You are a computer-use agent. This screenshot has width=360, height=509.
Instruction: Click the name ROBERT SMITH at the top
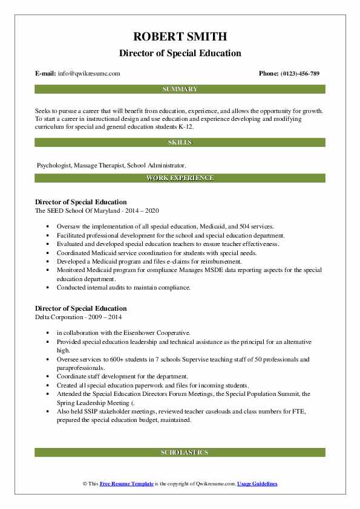(180, 37)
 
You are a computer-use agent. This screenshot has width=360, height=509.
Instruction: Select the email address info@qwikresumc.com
(89, 74)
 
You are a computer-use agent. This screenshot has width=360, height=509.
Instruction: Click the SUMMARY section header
(180, 89)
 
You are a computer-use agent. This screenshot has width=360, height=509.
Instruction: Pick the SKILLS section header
(180, 143)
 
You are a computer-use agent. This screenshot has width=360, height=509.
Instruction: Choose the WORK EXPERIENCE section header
(180, 178)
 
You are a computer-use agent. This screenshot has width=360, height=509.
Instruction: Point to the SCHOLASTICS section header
(180, 452)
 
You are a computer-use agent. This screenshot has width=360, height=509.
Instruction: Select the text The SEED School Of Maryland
(76, 210)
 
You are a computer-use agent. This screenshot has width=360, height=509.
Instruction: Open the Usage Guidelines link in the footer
(257, 484)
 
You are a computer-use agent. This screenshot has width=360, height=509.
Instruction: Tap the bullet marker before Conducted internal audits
(47, 288)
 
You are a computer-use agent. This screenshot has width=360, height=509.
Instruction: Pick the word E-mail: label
(46, 74)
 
